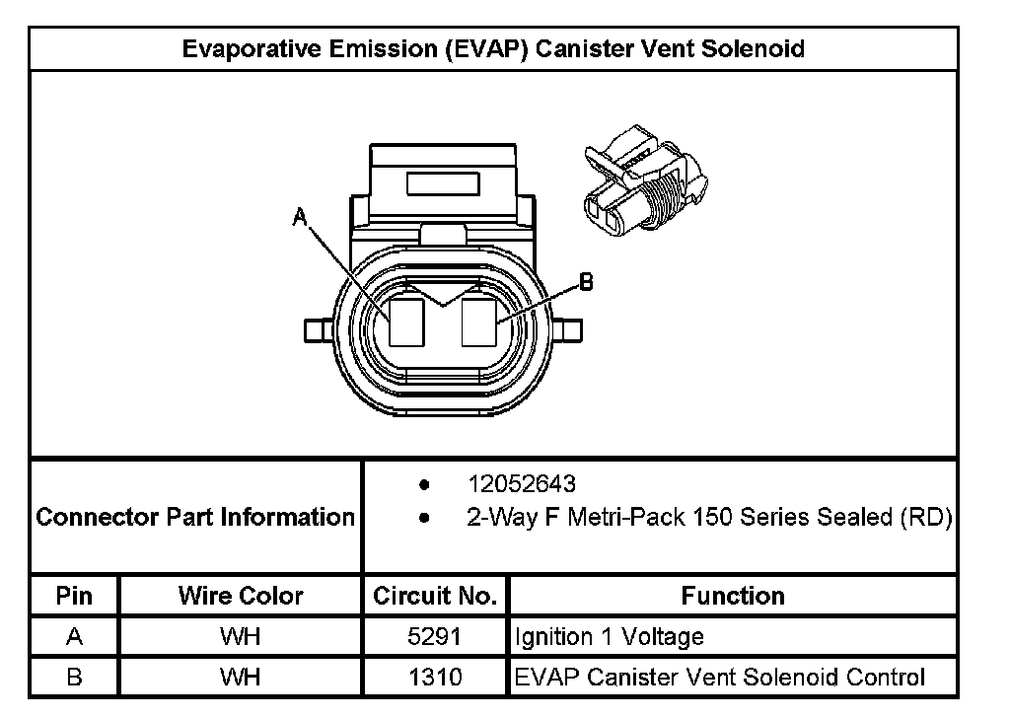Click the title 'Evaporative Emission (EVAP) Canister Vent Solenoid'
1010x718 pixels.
[x=493, y=48]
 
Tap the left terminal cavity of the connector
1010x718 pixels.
[x=406, y=322]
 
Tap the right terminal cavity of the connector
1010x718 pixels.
[x=480, y=322]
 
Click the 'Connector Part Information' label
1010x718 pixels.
[x=195, y=517]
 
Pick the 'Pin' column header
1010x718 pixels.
[x=74, y=596]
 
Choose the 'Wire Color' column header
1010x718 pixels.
[x=241, y=596]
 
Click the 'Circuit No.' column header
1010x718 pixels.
[x=434, y=596]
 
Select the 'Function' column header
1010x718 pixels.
[x=733, y=596]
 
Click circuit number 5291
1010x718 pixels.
[x=434, y=636]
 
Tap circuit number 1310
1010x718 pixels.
[x=434, y=677]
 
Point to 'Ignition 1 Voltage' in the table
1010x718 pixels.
[x=610, y=636]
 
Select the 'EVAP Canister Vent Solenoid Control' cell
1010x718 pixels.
[x=721, y=677]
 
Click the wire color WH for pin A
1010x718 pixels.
[x=241, y=636]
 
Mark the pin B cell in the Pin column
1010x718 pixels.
[x=74, y=677]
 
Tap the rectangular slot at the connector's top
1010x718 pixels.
[x=442, y=183]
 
